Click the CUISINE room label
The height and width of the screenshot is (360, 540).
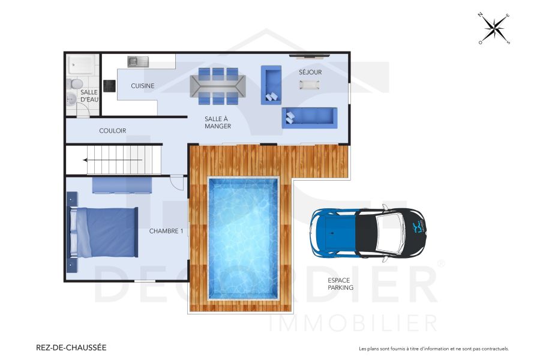click(x=143, y=86)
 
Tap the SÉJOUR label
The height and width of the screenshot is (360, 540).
click(x=310, y=72)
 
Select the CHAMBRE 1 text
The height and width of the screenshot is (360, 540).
click(x=166, y=230)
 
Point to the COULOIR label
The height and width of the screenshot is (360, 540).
click(x=112, y=130)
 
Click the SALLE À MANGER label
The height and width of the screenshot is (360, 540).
click(x=217, y=122)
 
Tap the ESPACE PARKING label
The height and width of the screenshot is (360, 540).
click(x=340, y=284)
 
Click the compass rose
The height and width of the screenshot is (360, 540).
click(x=494, y=28)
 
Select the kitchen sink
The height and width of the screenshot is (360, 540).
click(x=138, y=61)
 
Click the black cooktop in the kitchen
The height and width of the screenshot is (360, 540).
click(x=110, y=86)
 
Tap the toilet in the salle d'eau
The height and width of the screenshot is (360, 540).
click(x=76, y=83)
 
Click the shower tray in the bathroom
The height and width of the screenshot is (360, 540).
click(x=80, y=64)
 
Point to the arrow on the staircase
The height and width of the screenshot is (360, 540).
click(x=114, y=160)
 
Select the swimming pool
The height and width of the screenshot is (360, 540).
click(x=244, y=238)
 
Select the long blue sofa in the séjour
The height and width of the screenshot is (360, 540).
click(x=310, y=118)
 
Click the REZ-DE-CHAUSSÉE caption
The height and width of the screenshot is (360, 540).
click(x=71, y=347)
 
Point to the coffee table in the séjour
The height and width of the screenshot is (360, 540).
click(x=310, y=85)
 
